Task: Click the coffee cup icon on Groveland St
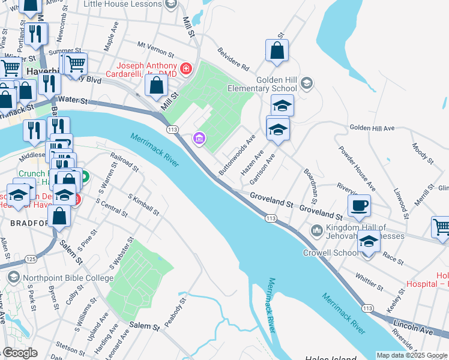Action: [x=359, y=206]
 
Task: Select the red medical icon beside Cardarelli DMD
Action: [x=186, y=70]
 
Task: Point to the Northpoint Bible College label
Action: [x=67, y=278]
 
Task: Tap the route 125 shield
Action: [x=31, y=259]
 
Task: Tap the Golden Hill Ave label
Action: [x=372, y=128]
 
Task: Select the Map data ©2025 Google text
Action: [x=412, y=355]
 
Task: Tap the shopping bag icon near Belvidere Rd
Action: [x=277, y=52]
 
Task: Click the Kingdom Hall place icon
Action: [x=316, y=230]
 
